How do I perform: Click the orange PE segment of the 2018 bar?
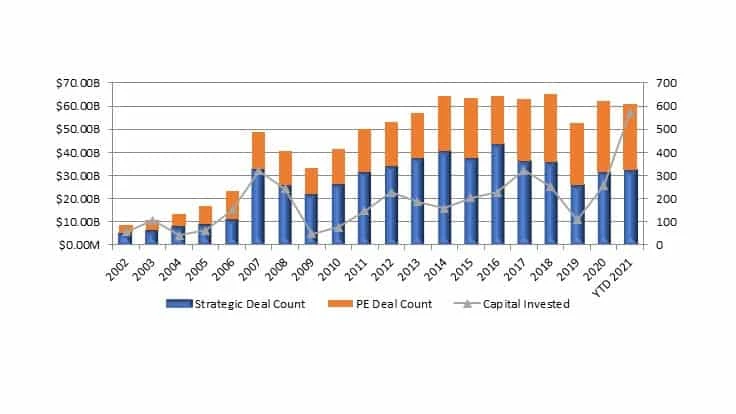[550, 128]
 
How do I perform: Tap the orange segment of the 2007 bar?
[258, 150]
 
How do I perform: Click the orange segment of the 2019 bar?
[577, 154]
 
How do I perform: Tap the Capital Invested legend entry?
[519, 304]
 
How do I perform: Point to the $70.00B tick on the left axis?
[76, 83]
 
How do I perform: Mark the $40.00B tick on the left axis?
[76, 152]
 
